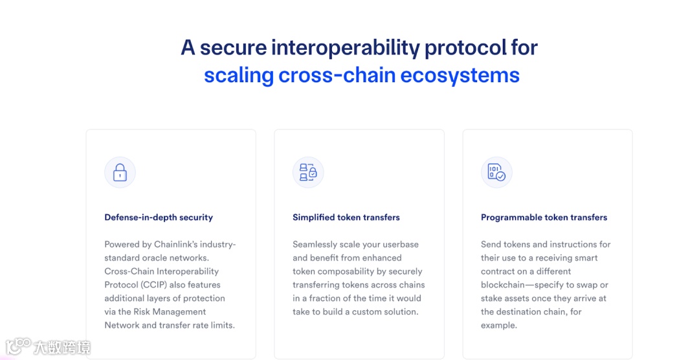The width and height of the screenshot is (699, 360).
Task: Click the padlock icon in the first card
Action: click(120, 173)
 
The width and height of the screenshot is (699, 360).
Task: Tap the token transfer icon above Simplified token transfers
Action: click(308, 172)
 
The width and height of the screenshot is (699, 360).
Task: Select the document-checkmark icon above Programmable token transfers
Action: click(496, 172)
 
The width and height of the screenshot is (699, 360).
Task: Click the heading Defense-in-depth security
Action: click(159, 218)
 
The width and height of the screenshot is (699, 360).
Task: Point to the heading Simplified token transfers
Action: click(346, 218)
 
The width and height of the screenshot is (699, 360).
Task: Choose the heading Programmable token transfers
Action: click(544, 218)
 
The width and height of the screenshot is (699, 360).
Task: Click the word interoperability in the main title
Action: click(345, 47)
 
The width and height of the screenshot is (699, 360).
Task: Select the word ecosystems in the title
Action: click(460, 75)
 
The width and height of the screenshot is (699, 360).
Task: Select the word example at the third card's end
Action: click(498, 326)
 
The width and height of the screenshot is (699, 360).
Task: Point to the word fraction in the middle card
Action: click(324, 298)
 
